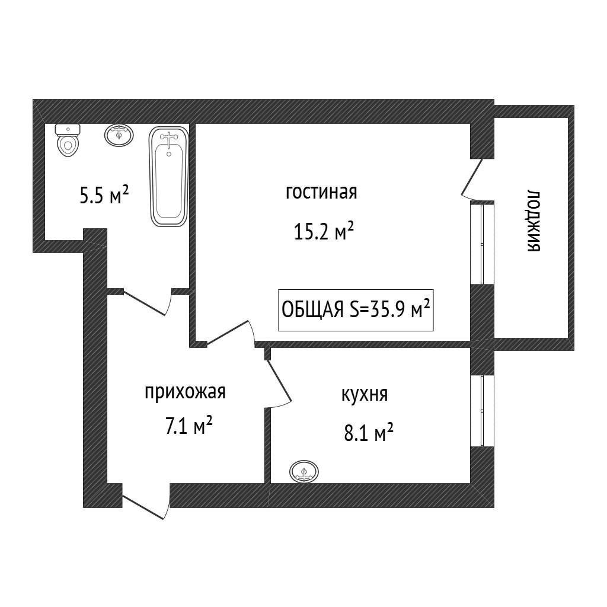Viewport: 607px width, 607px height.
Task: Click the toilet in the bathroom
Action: (x=68, y=140)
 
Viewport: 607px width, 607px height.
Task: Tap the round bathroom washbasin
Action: (x=119, y=136)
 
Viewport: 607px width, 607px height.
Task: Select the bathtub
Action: (x=169, y=177)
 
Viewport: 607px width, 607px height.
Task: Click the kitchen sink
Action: (x=304, y=471)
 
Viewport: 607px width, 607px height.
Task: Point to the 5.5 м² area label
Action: (x=104, y=194)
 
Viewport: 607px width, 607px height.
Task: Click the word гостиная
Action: (x=321, y=193)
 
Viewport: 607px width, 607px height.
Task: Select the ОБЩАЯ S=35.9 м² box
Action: (x=356, y=310)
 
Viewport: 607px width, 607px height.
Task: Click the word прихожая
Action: (x=185, y=392)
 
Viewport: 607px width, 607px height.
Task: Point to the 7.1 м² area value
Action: (x=189, y=426)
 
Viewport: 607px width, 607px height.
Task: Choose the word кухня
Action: (x=365, y=394)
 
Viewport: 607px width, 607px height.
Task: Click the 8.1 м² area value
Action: (x=369, y=432)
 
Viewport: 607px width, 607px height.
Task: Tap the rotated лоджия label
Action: (x=533, y=221)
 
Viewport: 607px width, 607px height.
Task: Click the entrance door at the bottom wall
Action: (x=146, y=501)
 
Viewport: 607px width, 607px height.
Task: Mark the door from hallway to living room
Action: (x=231, y=333)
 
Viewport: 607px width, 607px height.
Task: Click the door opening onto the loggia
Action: (x=472, y=179)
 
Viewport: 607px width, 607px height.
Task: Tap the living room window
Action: (x=481, y=244)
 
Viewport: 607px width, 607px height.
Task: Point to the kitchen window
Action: (x=481, y=410)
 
